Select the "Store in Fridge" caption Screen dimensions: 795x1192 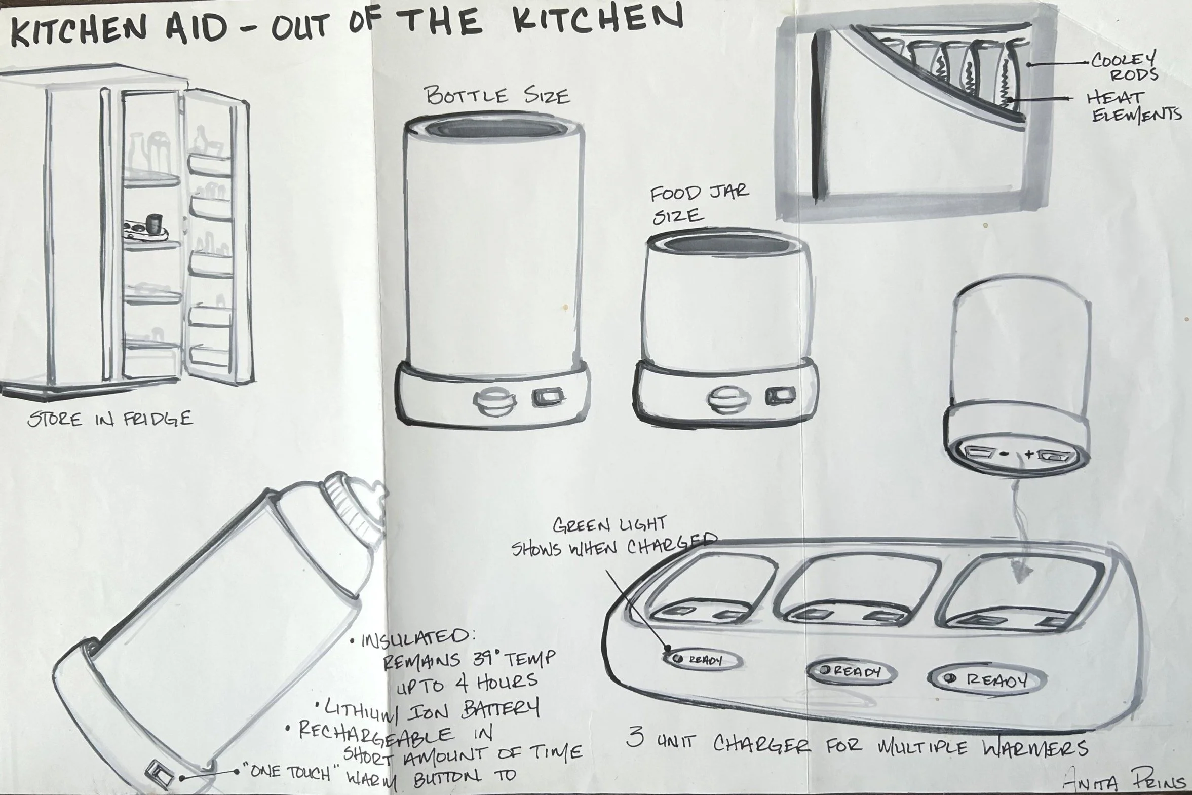[x=110, y=419]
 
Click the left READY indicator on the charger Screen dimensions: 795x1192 [x=703, y=661]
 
